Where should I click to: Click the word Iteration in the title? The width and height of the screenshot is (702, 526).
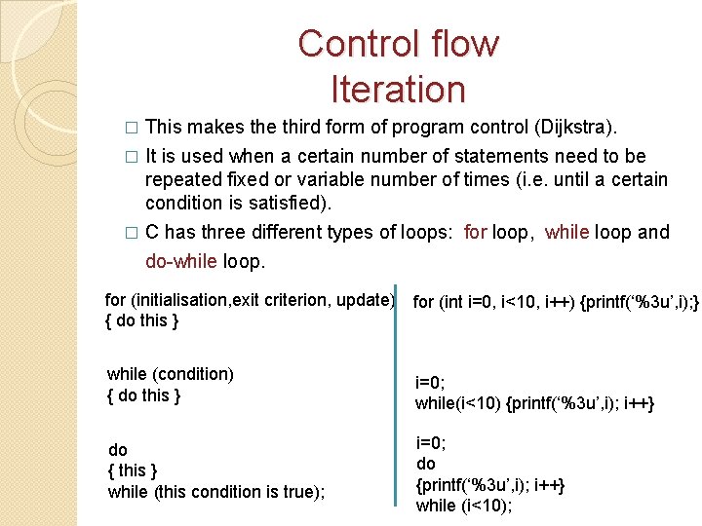point(399,90)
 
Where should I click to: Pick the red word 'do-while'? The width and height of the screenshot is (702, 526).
point(181,262)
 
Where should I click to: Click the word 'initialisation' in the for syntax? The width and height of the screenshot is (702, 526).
point(181,299)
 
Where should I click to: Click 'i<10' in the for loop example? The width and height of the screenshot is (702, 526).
point(499,302)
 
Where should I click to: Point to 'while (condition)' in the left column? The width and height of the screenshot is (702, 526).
point(170,374)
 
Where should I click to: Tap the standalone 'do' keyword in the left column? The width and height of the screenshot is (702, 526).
point(118,449)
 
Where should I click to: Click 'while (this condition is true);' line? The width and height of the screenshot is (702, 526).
point(215,492)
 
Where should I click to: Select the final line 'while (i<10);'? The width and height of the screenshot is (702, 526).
point(463,505)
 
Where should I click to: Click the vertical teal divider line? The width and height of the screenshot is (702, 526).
point(396,399)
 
